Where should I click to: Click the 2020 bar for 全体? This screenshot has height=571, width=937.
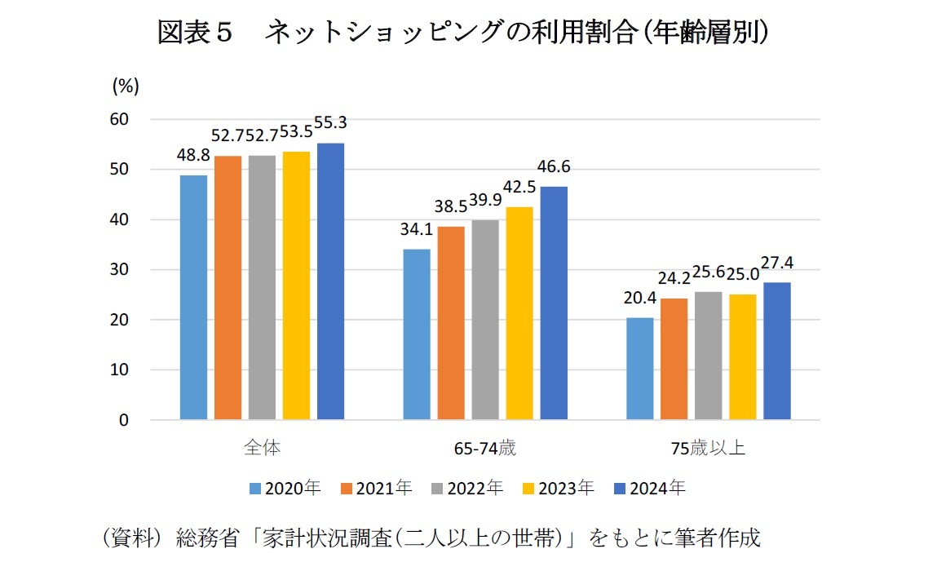click(193, 298)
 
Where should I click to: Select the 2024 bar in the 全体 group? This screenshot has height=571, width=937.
click(330, 281)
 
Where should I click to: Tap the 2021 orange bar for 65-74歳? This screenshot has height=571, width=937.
click(451, 323)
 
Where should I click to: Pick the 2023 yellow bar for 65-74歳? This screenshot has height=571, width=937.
click(519, 313)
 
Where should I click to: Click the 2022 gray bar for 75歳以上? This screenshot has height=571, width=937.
click(709, 356)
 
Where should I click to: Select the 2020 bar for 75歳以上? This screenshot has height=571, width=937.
click(640, 369)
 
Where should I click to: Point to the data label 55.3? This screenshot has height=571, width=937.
click(331, 122)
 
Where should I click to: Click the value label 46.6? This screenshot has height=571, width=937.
click(555, 167)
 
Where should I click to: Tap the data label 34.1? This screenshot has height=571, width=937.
click(417, 230)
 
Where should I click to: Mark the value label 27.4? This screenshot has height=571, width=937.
click(777, 263)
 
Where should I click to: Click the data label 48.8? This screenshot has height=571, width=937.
click(193, 155)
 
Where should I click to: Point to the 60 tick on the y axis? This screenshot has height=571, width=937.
click(119, 119)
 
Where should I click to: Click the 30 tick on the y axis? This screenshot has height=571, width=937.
click(119, 270)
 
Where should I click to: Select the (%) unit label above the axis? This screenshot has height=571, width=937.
click(126, 84)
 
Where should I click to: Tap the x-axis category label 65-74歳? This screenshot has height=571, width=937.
click(485, 449)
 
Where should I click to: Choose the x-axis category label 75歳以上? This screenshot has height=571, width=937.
click(708, 449)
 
